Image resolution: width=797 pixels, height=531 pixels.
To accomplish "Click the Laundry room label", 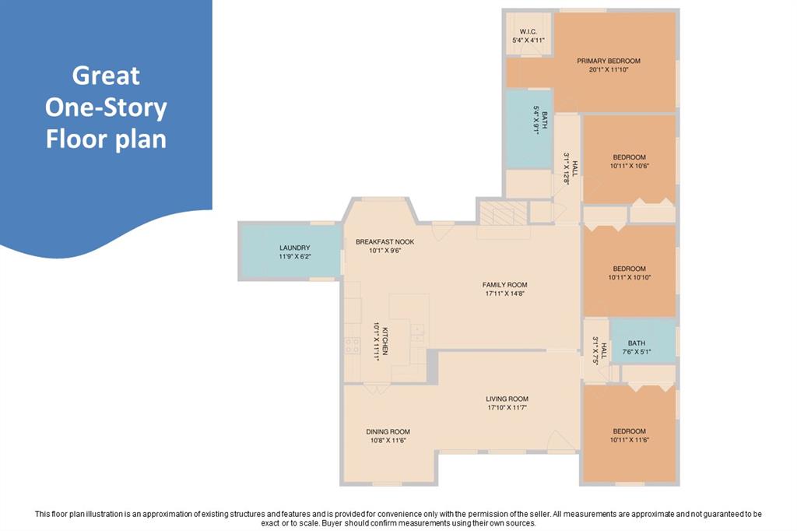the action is pos(295,248).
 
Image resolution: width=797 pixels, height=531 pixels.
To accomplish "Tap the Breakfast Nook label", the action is pos(384,241).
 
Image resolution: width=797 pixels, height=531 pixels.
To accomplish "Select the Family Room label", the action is pos(504,285).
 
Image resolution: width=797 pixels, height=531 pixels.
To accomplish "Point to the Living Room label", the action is pos(507,399).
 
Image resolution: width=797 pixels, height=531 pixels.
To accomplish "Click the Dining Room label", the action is pos(388,431).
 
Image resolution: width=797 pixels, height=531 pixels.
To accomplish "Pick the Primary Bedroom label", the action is pos(609,61).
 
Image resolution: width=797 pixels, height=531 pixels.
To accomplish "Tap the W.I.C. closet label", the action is pos(528,32).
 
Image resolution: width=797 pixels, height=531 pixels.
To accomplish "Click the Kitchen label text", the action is pos(386,341).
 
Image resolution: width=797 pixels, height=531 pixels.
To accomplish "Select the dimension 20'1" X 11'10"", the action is pos(609,69).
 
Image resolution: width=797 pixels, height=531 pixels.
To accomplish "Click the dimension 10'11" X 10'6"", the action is pos(629,166).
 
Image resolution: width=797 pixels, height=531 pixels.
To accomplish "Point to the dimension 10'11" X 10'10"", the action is pos(629,278).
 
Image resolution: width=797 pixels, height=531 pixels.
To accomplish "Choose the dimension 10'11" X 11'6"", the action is pos(629,440).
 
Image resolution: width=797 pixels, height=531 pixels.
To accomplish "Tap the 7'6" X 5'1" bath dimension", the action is pos(637,351).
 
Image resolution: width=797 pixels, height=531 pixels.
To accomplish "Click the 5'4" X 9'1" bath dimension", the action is pos(536,120).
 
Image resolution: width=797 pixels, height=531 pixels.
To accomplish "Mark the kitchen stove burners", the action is pos(353,346).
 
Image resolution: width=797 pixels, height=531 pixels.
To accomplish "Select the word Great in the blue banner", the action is pos(106,76).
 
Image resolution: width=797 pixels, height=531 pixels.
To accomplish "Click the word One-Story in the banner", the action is pos(106,107).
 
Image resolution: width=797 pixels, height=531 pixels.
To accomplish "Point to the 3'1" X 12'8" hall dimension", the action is pos(567,168).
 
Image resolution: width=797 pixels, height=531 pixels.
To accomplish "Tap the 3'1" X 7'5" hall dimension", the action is pos(595,350).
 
